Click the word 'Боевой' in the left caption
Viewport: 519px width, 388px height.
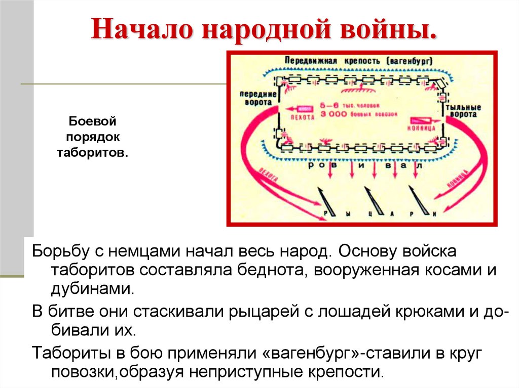(93, 122)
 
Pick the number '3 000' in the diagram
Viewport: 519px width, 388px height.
(333, 114)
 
